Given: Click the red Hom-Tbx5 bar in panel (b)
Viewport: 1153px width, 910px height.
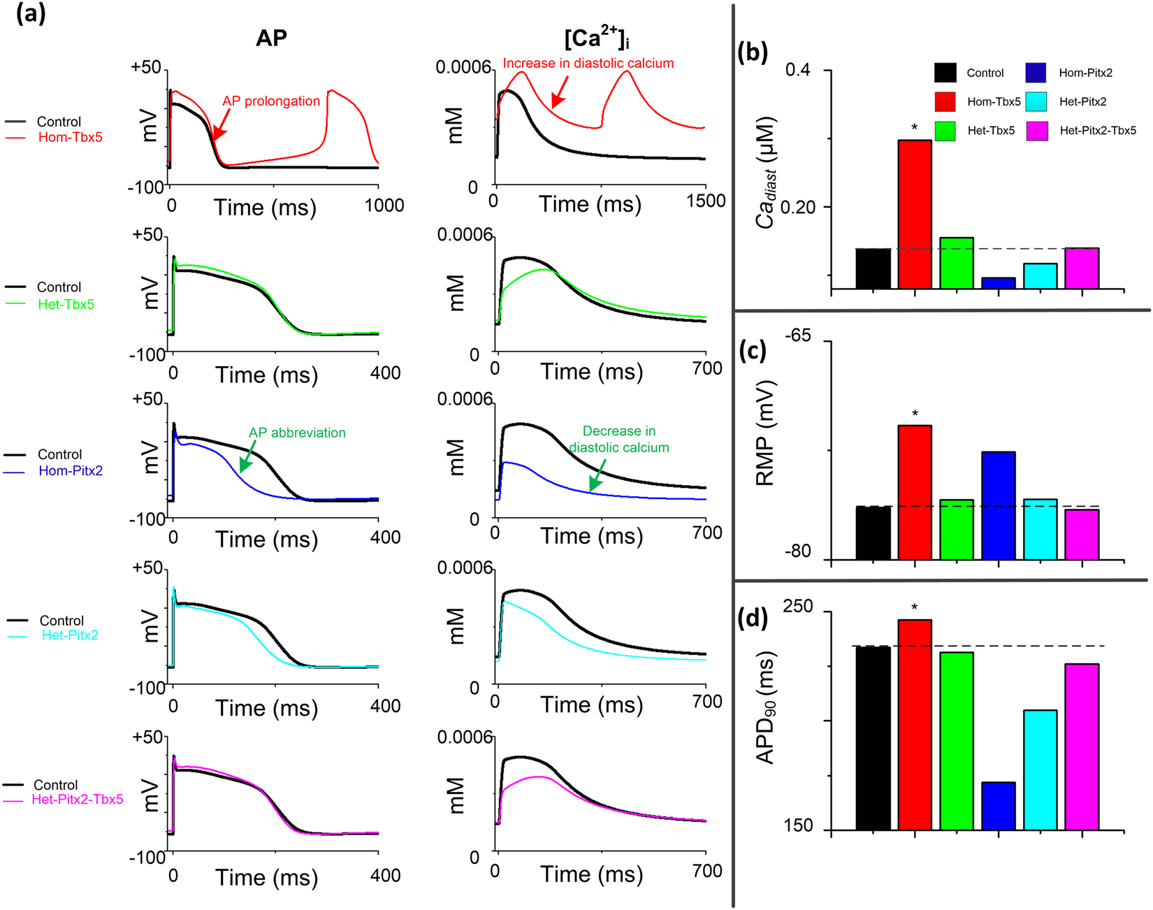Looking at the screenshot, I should click(915, 214).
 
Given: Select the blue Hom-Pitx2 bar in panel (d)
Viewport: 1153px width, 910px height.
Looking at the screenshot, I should click(998, 806).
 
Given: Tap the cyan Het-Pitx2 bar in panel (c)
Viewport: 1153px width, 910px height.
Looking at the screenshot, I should click(1040, 529).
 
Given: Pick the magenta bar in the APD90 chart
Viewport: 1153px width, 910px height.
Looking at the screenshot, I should click(1082, 746).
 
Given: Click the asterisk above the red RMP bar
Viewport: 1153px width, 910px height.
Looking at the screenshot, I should click(915, 414).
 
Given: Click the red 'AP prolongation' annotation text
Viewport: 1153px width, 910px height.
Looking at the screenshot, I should click(271, 101).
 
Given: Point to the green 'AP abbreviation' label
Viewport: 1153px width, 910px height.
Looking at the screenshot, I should click(297, 433).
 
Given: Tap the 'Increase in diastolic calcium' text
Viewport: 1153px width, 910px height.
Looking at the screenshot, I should click(588, 64).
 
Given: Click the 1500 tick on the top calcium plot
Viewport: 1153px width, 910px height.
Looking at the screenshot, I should click(705, 201).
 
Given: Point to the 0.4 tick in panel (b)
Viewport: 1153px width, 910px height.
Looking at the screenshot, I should click(799, 71).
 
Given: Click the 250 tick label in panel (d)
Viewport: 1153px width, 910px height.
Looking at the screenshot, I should click(798, 607).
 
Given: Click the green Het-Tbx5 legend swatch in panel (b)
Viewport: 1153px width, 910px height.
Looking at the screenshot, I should click(945, 131).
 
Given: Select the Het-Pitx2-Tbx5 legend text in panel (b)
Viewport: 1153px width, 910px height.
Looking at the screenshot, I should click(1097, 131).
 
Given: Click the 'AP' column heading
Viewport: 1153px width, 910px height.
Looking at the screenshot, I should click(271, 38).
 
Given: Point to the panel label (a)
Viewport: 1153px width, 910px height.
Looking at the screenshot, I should click(31, 14).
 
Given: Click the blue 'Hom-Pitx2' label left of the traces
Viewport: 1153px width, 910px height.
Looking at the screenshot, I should click(71, 471).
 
